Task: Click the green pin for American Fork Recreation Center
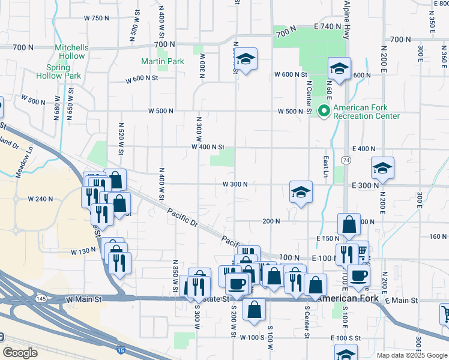pyautogui.click(x=324, y=110)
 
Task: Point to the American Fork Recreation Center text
pyautogui.click(x=366, y=112)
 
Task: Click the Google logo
pyautogui.click(x=20, y=353)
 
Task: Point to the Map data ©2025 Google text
pyautogui.click(x=411, y=355)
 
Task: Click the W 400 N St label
pyautogui.click(x=208, y=147)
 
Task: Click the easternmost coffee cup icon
pyautogui.click(x=359, y=275)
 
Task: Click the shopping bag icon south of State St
pyautogui.click(x=255, y=309)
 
